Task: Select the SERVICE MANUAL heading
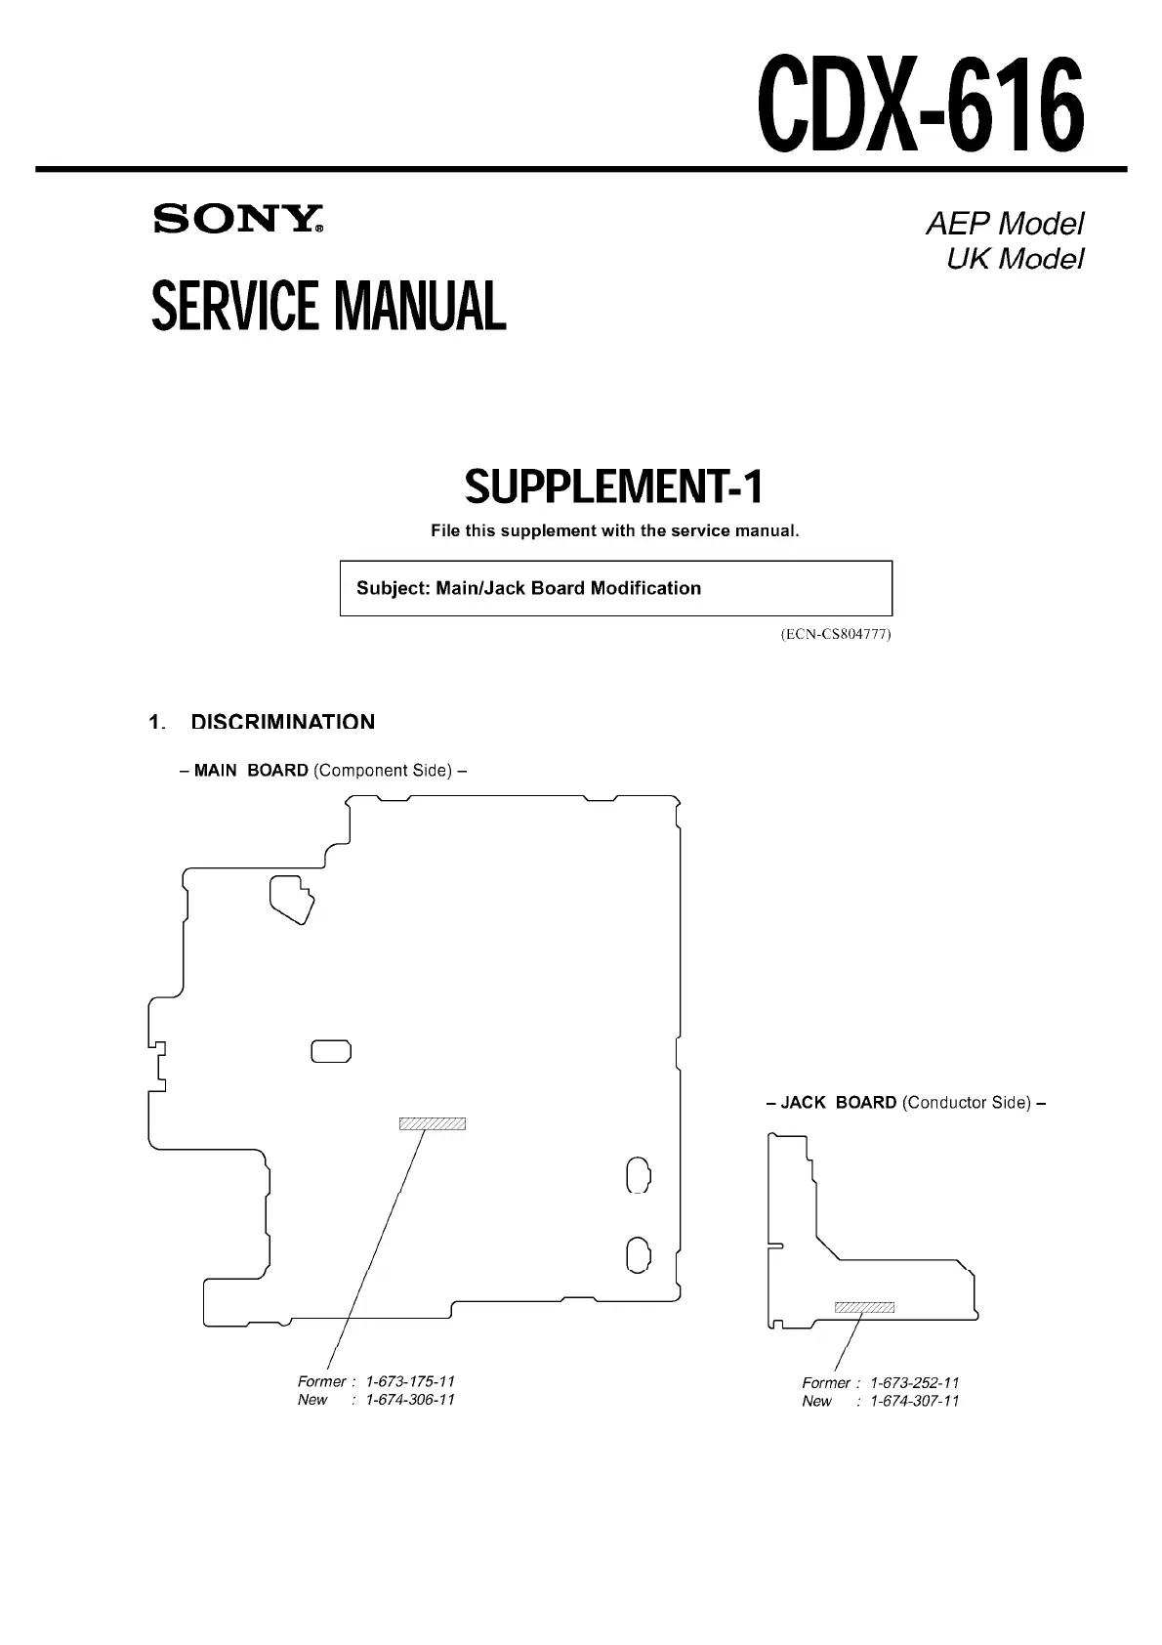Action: coord(329,306)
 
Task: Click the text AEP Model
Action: coord(1004,224)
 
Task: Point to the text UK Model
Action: coord(1015,259)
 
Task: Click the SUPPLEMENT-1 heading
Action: coord(614,486)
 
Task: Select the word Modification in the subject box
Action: coord(645,588)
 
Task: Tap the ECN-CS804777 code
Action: coord(836,634)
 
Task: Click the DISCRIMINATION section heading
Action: coord(282,722)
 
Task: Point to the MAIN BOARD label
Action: coord(251,770)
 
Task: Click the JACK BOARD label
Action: coord(838,1102)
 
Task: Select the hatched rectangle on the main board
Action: coord(433,1123)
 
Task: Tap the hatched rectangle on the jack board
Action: coord(864,1308)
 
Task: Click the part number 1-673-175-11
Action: coord(410,1381)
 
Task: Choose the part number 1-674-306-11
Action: coord(410,1399)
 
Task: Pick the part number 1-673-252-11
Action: coord(914,1382)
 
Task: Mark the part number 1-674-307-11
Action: coord(914,1401)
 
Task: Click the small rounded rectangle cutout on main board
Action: coord(331,1051)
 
